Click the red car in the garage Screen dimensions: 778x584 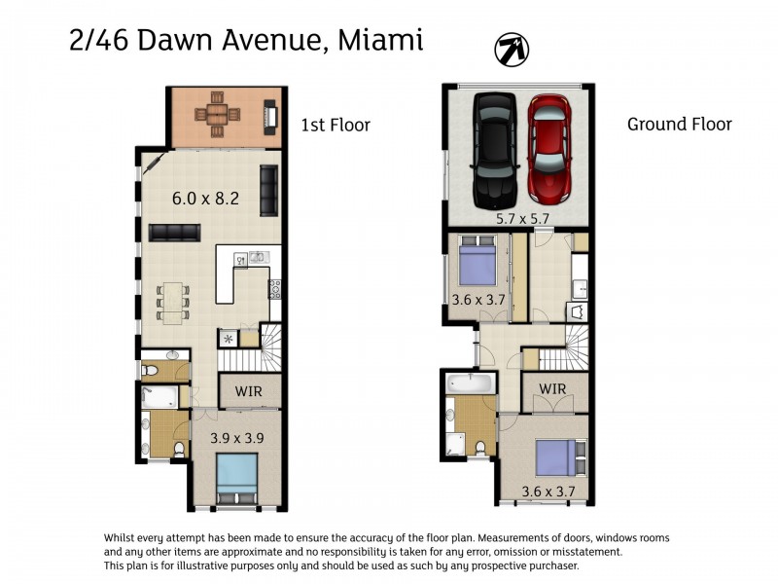549,149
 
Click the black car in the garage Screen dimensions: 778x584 495,151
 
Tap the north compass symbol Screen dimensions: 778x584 512,50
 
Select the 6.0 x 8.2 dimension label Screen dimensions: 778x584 205,199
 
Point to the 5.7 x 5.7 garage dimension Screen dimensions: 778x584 523,218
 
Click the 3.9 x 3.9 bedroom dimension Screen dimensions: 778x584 236,438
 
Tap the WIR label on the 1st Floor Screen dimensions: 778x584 249,391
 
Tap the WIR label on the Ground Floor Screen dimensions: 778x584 552,388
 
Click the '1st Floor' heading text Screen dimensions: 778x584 336,125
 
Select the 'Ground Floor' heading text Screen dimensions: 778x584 679,124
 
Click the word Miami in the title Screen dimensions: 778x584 380,40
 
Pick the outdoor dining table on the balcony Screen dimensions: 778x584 217,115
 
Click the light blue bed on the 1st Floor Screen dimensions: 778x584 237,478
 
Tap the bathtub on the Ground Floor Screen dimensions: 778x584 470,383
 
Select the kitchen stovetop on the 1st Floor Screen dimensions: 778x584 275,289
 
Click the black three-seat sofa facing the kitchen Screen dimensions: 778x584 175,233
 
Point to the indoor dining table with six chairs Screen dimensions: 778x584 173,303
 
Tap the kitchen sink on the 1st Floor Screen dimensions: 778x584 257,257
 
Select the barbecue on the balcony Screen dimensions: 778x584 270,117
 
